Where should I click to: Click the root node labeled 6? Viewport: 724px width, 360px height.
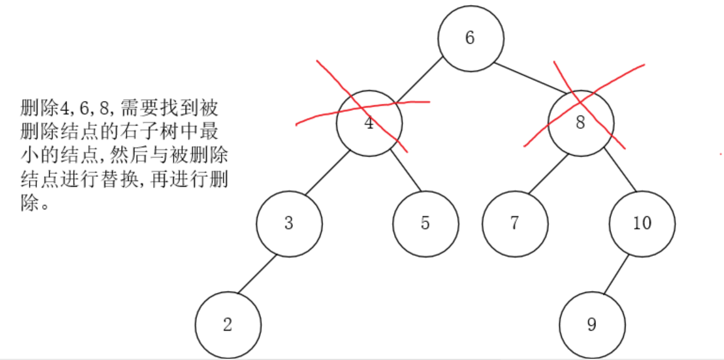pos(471,38)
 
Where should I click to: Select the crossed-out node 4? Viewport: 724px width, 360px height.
pos(369,123)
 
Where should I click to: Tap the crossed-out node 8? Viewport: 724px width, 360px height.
pos(581,123)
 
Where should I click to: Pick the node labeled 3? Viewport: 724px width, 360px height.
pos(289,223)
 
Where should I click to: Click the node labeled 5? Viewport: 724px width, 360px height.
pos(425,223)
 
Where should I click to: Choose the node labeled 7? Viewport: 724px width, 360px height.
pos(515,223)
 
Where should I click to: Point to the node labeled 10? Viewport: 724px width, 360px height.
pos(642,223)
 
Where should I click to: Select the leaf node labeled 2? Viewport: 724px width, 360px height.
pos(228,325)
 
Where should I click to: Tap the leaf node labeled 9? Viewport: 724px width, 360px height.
pos(592,325)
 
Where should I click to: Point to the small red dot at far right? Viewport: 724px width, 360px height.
pos(721,152)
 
